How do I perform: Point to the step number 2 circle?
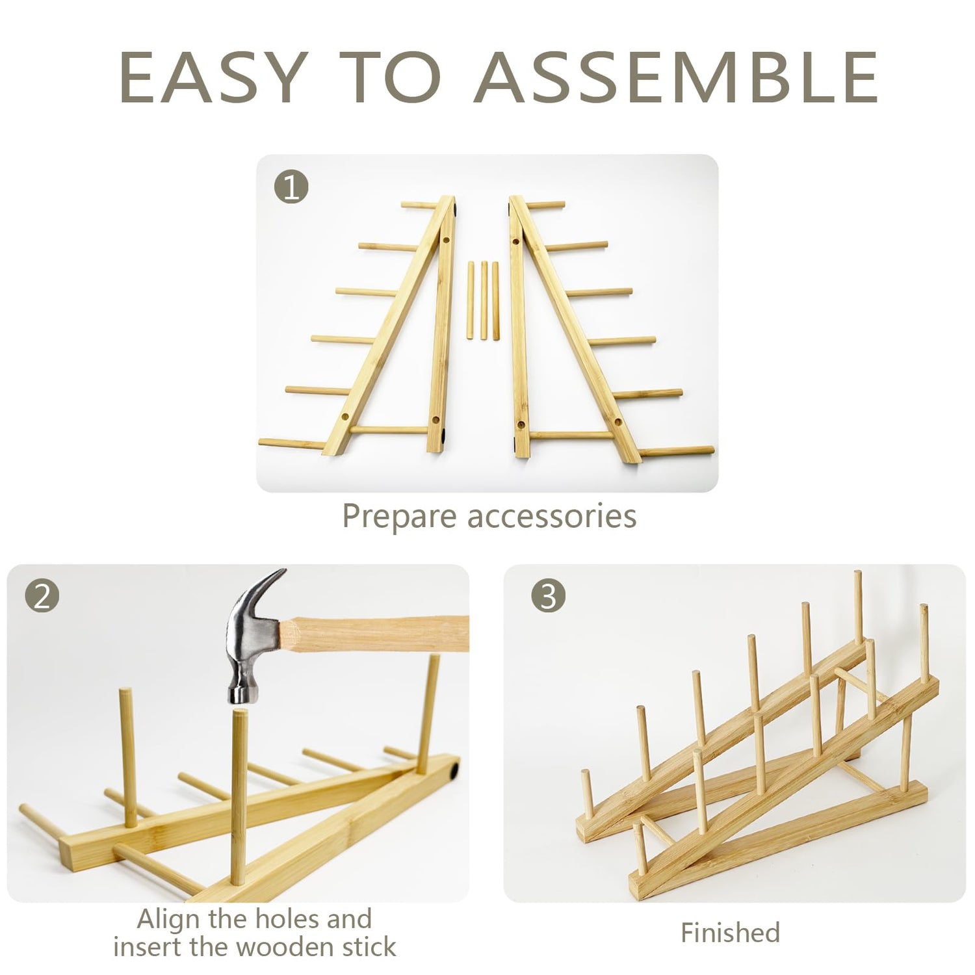point(42,595)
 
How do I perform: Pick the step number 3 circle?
point(548,595)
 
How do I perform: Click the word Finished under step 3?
point(730,933)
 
